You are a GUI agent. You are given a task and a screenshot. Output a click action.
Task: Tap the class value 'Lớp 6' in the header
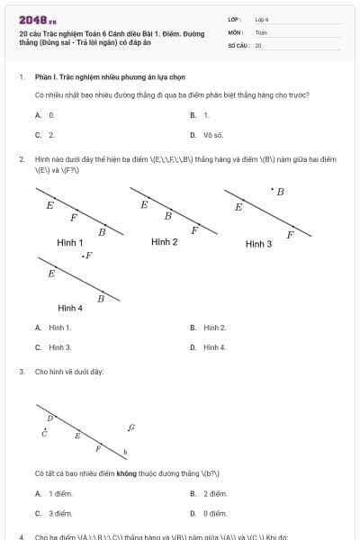point(262,18)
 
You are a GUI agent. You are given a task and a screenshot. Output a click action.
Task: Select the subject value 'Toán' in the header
point(261,31)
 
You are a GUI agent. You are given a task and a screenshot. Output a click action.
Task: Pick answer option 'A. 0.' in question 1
point(46,115)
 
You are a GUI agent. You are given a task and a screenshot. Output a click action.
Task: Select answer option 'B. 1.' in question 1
point(201,115)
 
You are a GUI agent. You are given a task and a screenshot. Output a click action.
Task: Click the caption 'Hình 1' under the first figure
point(70,242)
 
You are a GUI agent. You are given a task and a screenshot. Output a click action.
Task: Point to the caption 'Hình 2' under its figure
point(164,241)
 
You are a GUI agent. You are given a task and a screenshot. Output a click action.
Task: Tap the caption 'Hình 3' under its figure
point(258,244)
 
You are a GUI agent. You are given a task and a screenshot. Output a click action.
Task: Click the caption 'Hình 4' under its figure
point(70,308)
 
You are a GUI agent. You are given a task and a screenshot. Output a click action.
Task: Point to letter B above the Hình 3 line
point(280,192)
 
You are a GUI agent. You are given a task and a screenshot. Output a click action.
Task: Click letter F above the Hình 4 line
point(88,256)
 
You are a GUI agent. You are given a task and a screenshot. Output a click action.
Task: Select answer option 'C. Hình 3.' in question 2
point(53,346)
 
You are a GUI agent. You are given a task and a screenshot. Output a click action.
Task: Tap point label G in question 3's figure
point(131,427)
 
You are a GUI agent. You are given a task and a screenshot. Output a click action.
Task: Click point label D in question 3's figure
point(49,418)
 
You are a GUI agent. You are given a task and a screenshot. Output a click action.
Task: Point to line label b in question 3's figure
point(125,451)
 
